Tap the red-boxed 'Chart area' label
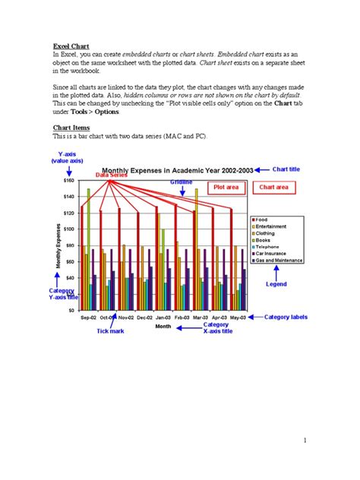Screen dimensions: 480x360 click(x=273, y=186)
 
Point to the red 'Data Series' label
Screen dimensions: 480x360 click(x=112, y=175)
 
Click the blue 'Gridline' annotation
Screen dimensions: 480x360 click(x=182, y=182)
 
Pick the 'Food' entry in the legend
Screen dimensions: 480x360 click(x=261, y=219)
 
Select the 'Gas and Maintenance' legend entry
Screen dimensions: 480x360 click(x=279, y=260)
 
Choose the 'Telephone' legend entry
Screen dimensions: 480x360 click(x=267, y=246)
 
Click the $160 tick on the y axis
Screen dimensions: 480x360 click(x=69, y=181)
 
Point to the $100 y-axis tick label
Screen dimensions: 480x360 click(x=69, y=229)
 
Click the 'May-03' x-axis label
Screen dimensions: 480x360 click(x=238, y=317)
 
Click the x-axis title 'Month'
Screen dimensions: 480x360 click(x=163, y=327)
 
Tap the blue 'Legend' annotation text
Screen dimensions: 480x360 click(x=276, y=284)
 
